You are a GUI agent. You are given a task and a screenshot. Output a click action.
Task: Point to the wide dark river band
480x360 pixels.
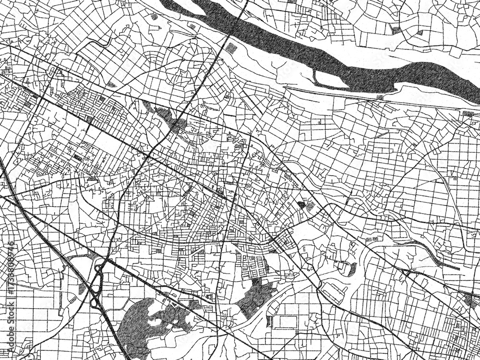click(307, 53)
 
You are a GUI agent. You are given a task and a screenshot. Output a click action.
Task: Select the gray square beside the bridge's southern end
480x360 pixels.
click(231, 48)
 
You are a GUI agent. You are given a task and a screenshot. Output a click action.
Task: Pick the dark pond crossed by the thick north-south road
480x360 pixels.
click(168, 118)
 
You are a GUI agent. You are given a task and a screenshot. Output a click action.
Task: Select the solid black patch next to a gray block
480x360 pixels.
click(301, 204)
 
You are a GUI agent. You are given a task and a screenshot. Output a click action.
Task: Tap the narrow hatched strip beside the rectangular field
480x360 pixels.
click(269, 321)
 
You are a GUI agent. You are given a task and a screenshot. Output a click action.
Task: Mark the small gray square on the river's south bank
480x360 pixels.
click(380, 97)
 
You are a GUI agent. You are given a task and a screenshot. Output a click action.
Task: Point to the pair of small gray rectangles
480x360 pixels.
click(372, 239)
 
